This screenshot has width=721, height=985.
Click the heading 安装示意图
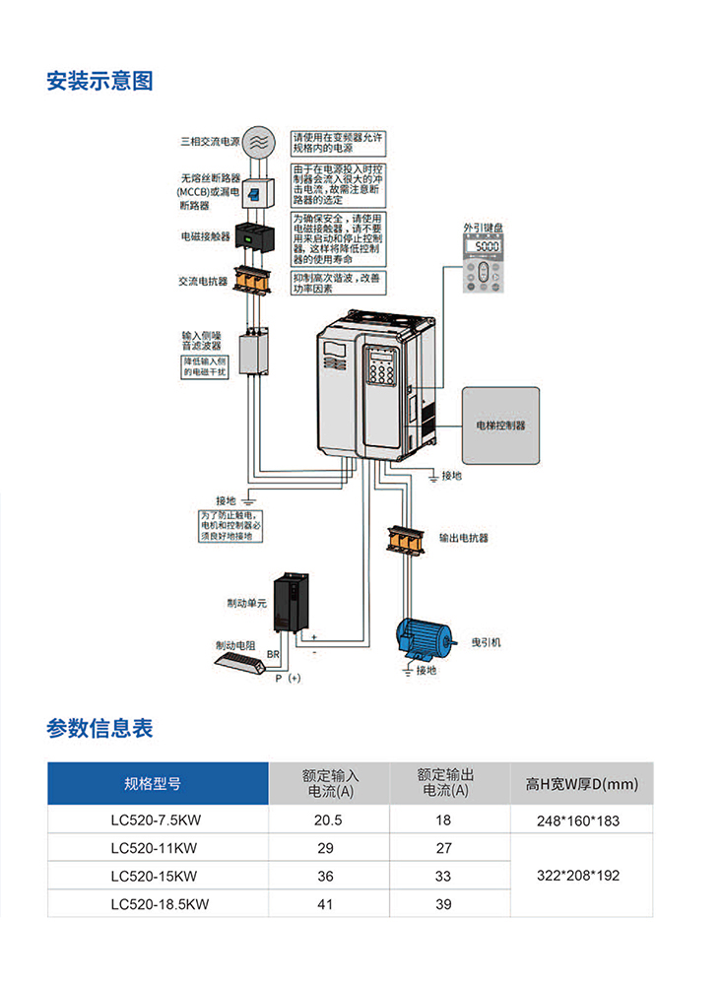(99, 81)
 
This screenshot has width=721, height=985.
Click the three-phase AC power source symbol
(258, 141)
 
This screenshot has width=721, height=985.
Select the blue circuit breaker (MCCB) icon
(254, 192)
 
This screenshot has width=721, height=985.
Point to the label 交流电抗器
(203, 281)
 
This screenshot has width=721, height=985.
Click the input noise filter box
(254, 353)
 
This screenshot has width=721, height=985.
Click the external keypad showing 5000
(486, 264)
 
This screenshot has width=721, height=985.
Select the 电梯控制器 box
(500, 426)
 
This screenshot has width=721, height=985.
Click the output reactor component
(404, 539)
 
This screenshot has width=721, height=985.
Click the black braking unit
(292, 603)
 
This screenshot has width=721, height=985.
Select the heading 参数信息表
(99, 729)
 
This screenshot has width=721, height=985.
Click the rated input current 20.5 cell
(328, 820)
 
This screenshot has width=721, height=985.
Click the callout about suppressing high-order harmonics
(339, 283)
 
